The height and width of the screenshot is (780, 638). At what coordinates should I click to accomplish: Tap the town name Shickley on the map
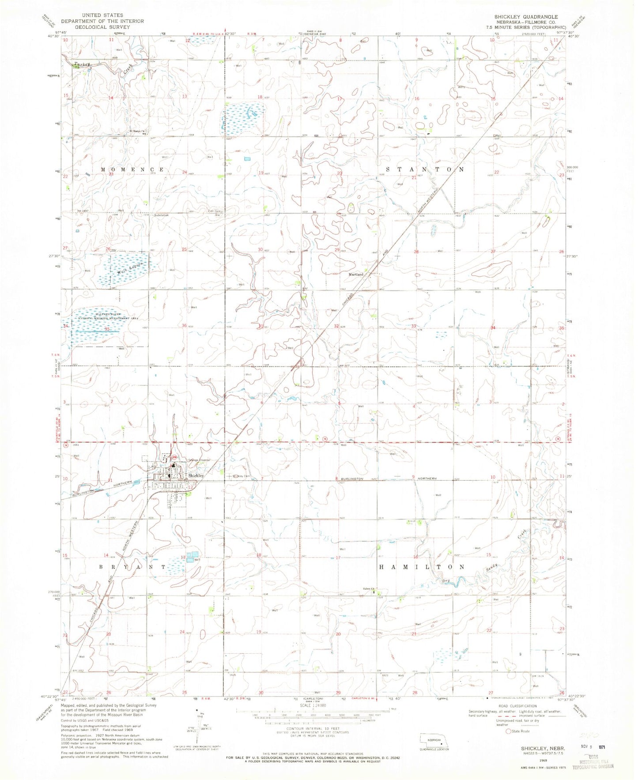(x=196, y=476)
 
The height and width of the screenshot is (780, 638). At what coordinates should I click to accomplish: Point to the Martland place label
(x=356, y=275)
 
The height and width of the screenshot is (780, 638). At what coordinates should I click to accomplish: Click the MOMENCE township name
(x=132, y=170)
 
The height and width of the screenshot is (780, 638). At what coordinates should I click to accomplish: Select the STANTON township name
(x=425, y=170)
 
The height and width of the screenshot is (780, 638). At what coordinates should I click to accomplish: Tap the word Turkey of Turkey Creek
(x=82, y=64)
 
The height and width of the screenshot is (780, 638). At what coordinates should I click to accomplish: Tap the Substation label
(x=161, y=215)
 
